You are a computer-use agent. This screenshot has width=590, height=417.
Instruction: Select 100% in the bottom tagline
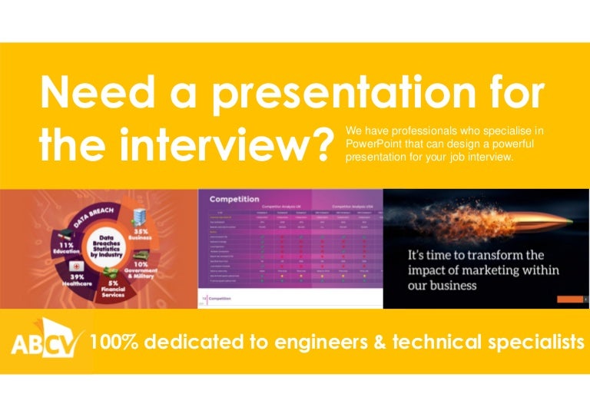(113, 342)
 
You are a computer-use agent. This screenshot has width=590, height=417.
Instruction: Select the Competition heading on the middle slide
(234, 198)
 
